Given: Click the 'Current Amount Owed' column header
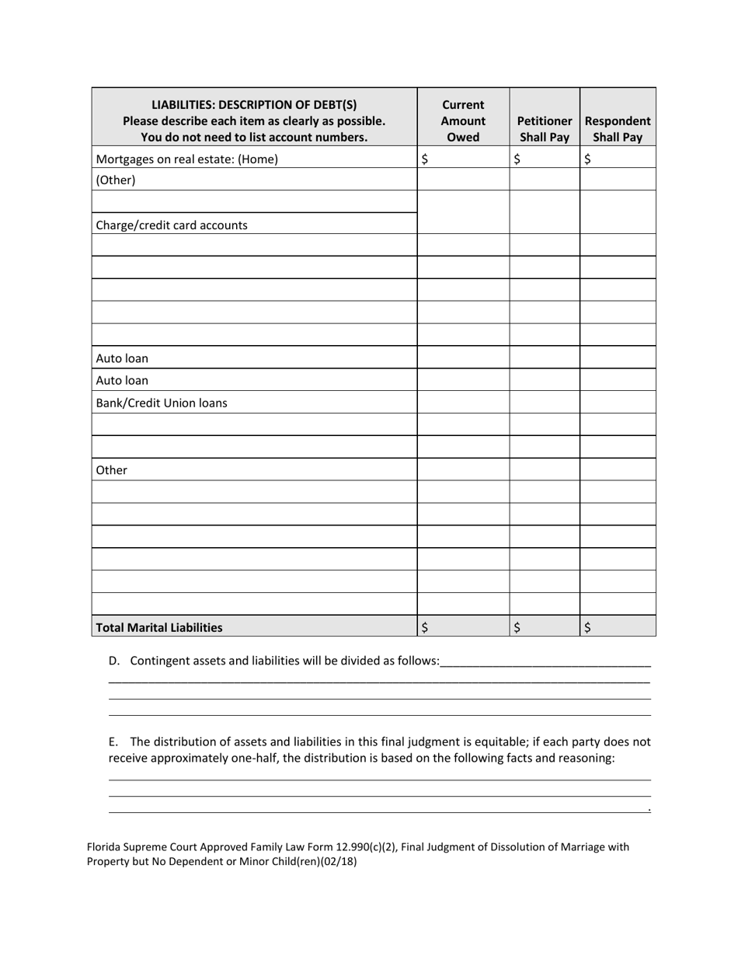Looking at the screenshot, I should click(463, 121).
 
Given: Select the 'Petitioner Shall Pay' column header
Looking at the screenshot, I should click(545, 129).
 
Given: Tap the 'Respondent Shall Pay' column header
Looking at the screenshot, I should click(618, 129).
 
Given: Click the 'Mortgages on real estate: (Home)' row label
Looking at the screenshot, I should click(186, 159).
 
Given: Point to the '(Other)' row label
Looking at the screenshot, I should click(116, 180).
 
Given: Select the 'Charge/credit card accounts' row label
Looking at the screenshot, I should click(172, 225).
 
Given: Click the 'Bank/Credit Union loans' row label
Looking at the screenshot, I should click(162, 403).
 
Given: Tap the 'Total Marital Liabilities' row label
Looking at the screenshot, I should click(158, 627).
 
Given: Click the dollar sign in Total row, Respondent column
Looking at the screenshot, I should click(587, 628).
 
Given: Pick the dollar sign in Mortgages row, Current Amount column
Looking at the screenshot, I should click(424, 159).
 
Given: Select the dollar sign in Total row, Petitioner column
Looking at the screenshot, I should click(517, 628).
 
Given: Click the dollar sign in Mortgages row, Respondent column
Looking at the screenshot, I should click(587, 159).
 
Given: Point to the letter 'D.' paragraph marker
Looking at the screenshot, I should click(115, 661).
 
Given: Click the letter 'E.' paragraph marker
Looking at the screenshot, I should click(114, 741).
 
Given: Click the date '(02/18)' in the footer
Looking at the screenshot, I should click(338, 861).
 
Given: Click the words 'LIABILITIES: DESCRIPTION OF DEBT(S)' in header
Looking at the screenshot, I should click(254, 105).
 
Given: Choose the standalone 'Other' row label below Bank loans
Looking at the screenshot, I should click(111, 470).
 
